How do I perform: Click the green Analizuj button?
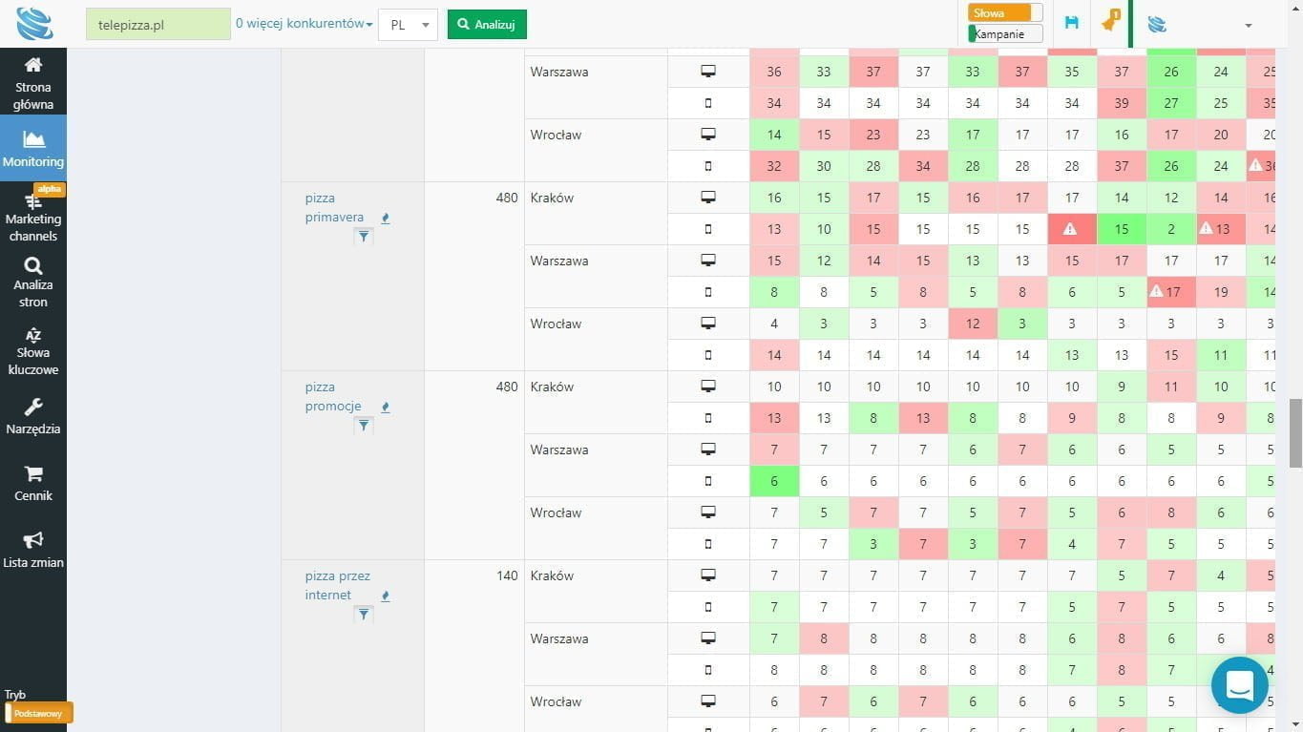coord(487,25)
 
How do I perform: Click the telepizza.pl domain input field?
coord(158,25)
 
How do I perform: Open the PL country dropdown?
coord(408,25)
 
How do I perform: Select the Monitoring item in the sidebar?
coord(33,148)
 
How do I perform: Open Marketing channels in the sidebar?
coord(33,218)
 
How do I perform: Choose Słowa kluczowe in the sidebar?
coord(33,351)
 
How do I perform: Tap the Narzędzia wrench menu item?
coord(33,417)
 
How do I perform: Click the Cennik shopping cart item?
coord(33,484)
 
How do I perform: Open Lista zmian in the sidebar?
coord(33,551)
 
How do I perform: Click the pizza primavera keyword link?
coord(334,208)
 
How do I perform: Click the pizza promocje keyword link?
coord(333,397)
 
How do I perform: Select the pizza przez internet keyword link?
coord(337,585)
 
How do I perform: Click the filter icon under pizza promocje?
coord(363,426)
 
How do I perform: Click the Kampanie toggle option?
coord(1004,34)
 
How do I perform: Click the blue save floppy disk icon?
coord(1071,23)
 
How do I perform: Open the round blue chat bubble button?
coord(1239,684)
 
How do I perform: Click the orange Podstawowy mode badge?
coord(38,713)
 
